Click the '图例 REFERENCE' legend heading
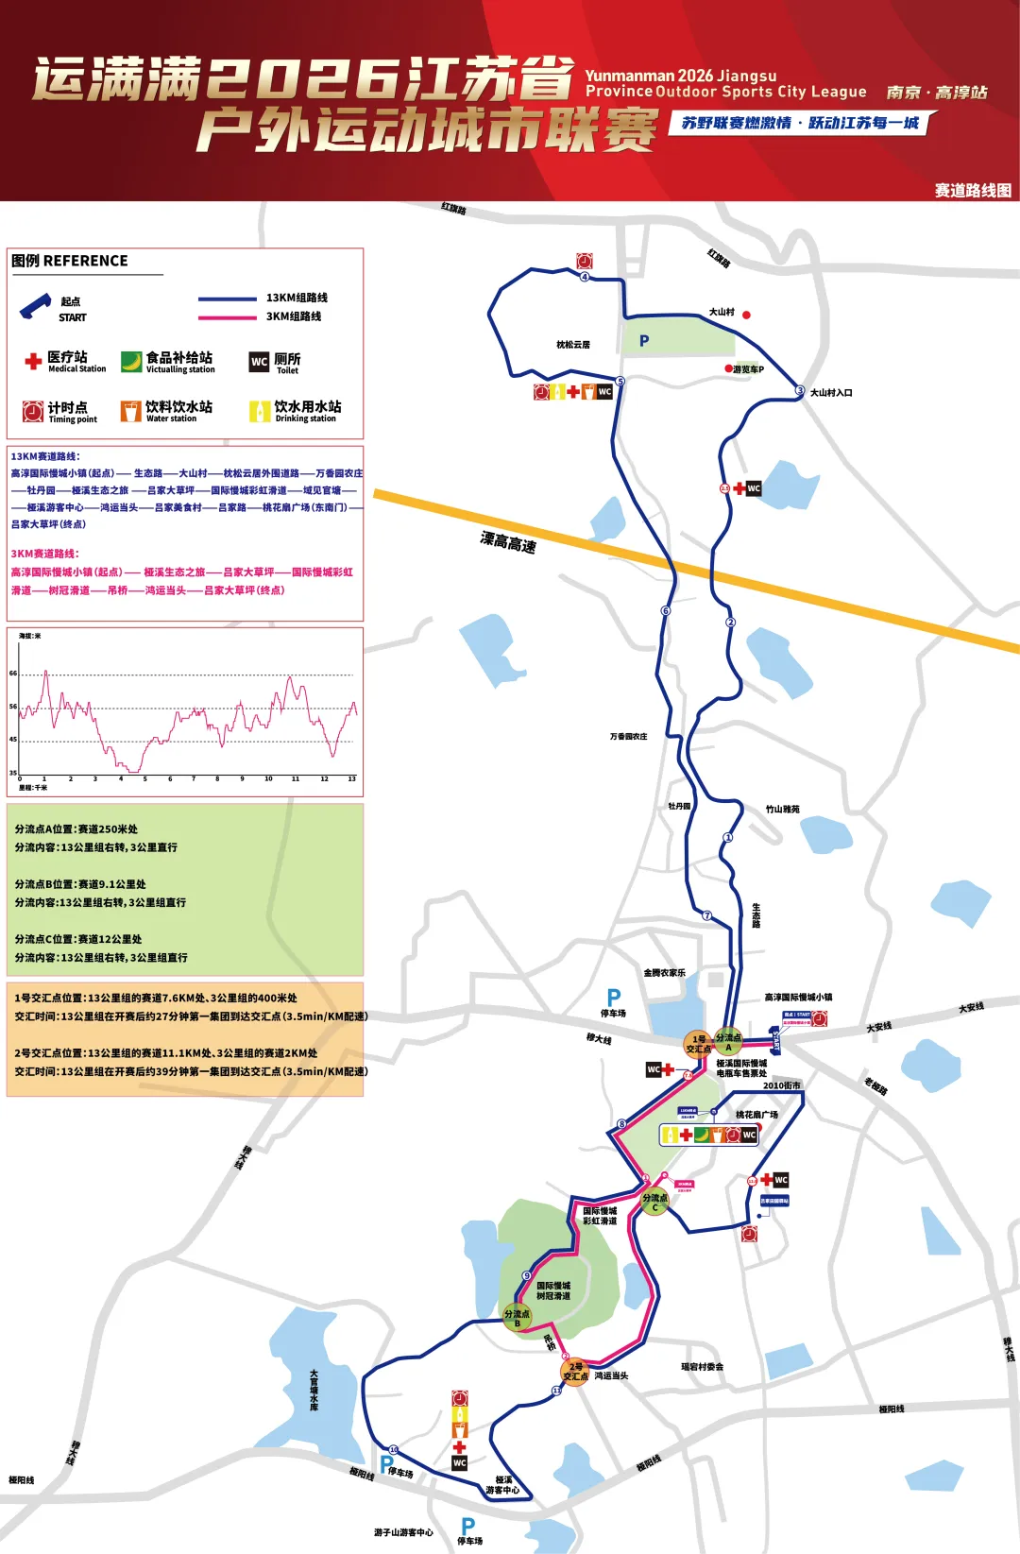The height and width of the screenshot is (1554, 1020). (70, 261)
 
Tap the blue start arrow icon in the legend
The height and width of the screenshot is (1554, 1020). (35, 305)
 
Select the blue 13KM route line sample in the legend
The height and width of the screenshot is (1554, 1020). (227, 299)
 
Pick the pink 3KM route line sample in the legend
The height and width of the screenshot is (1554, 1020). (227, 317)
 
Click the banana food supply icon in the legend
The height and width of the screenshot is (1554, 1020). (131, 362)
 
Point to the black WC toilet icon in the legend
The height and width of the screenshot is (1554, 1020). (259, 362)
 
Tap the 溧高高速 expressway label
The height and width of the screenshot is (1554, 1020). (508, 542)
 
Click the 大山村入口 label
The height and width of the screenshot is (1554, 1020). (831, 393)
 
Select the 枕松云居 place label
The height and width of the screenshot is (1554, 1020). (573, 345)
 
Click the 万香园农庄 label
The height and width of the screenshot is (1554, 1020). (629, 736)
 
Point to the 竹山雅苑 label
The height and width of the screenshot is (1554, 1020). (783, 810)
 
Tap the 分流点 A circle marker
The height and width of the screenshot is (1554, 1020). (728, 1041)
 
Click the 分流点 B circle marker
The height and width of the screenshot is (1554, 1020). (517, 1318)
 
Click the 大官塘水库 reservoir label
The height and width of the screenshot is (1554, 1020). (314, 1391)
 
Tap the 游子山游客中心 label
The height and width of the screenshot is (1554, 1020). (403, 1532)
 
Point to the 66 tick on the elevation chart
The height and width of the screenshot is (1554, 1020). (13, 674)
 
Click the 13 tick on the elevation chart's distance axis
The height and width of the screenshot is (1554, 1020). (351, 779)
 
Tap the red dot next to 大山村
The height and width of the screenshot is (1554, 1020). (746, 315)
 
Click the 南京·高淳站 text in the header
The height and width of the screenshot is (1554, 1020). (936, 93)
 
